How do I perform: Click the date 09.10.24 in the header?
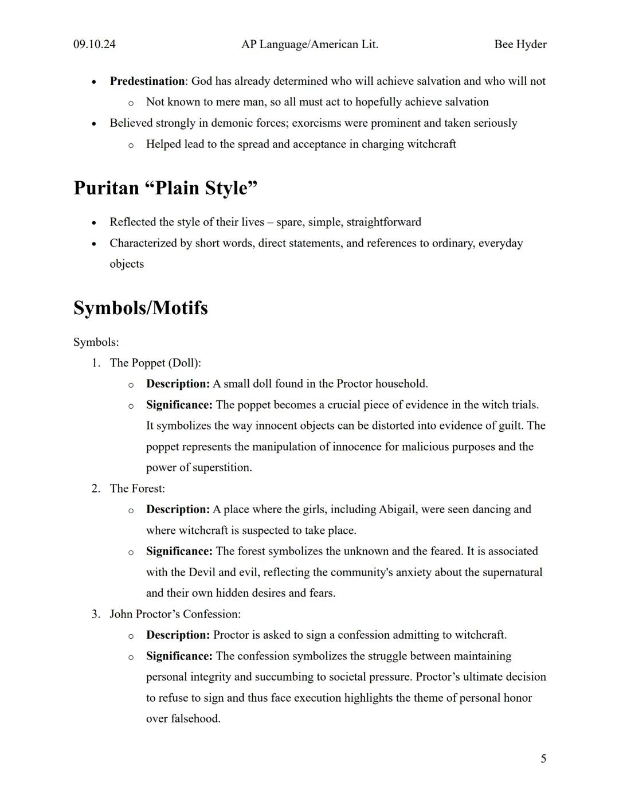pos(94,44)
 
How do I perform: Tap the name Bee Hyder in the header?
pos(520,44)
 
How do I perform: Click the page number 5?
pos(543,759)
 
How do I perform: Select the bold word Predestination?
pos(147,81)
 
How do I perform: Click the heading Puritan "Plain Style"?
pos(165,188)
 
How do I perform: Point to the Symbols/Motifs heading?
pos(140,308)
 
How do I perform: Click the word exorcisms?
pos(318,123)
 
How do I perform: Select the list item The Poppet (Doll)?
pos(155,362)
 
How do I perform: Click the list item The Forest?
pos(137,488)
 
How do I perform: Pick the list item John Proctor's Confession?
pos(175,614)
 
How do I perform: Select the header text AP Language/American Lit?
pos(309,44)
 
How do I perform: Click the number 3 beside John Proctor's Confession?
pos(96,614)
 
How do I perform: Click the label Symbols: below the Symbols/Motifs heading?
pos(96,342)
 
